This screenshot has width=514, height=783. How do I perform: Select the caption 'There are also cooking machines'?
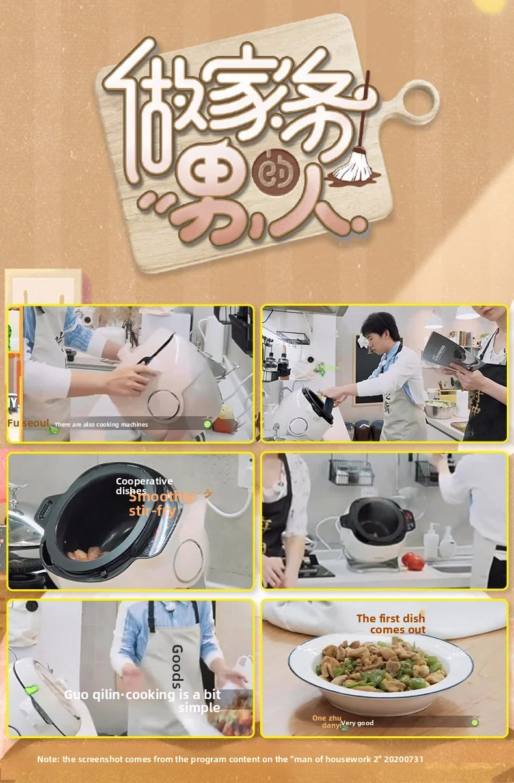101,425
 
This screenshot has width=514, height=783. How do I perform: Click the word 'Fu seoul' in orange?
28,423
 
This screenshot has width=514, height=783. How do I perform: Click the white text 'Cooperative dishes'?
144,486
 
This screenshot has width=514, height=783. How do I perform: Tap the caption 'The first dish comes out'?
391,624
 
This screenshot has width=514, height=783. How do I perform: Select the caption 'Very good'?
357,723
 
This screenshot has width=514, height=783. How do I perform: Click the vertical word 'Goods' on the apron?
177,666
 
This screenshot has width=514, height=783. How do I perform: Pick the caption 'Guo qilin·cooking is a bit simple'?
142,700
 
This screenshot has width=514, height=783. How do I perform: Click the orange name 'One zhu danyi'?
327,721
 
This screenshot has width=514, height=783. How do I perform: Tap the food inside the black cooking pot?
86,553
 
